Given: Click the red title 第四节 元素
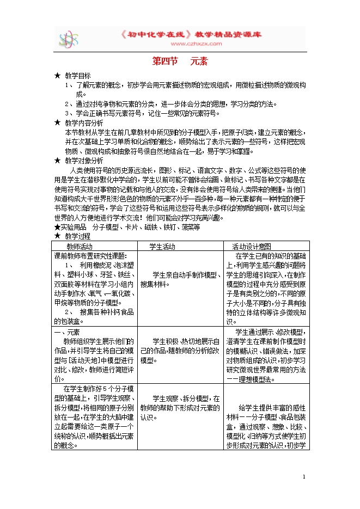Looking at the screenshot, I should coord(180,62).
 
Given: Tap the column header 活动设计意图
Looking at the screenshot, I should coord(251,246).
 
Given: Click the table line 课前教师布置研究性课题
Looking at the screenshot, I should coord(90,256).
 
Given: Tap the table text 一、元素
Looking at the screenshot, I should coord(67,332).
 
